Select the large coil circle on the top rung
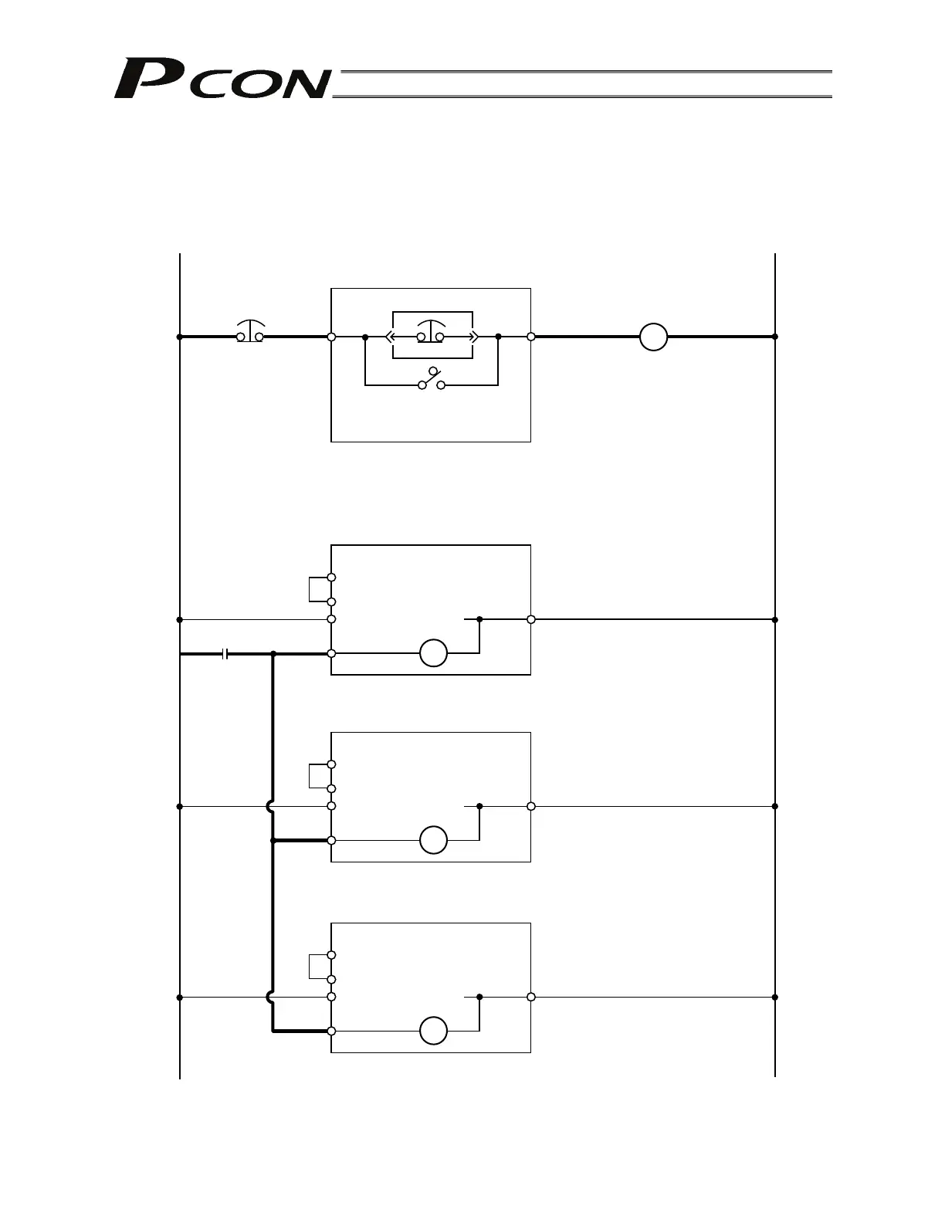pos(653,337)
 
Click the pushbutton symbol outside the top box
pos(250,331)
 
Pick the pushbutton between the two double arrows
pos(431,331)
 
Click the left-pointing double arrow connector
pos(391,337)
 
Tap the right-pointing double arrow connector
pos(472,337)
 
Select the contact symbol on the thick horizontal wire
pos(225,654)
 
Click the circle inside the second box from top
pos(433,653)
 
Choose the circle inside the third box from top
pos(433,840)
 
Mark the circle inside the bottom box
pos(433,1031)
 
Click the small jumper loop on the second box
pos(319,589)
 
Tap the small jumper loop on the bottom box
pos(319,967)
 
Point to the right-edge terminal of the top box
pos(531,337)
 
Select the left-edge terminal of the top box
pos(331,337)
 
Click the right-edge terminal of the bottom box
pos(531,997)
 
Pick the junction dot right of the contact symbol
pos(273,654)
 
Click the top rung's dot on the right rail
pos(774,337)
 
